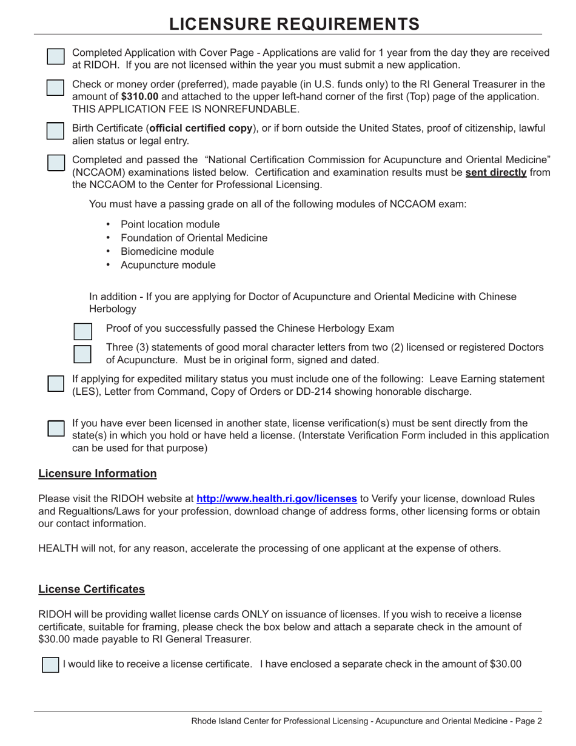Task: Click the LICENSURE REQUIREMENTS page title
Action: tap(294, 24)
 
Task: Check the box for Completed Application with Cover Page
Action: tap(55, 56)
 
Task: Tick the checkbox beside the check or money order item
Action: tap(55, 87)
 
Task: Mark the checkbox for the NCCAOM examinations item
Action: tap(55, 163)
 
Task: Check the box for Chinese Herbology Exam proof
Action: tap(82, 331)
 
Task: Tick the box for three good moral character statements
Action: tap(82, 353)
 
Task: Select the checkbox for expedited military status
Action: tap(55, 384)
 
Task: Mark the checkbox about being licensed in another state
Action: tap(55, 427)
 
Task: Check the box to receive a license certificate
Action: tap(49, 664)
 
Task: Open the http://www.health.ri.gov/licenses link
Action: tap(276, 499)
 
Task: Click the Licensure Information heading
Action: tap(97, 473)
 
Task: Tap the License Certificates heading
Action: tap(92, 589)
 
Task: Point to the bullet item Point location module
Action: tap(170, 224)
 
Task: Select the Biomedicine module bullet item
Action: tap(167, 251)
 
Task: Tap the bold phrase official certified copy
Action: tap(201, 128)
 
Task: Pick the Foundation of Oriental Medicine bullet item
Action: tap(193, 238)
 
